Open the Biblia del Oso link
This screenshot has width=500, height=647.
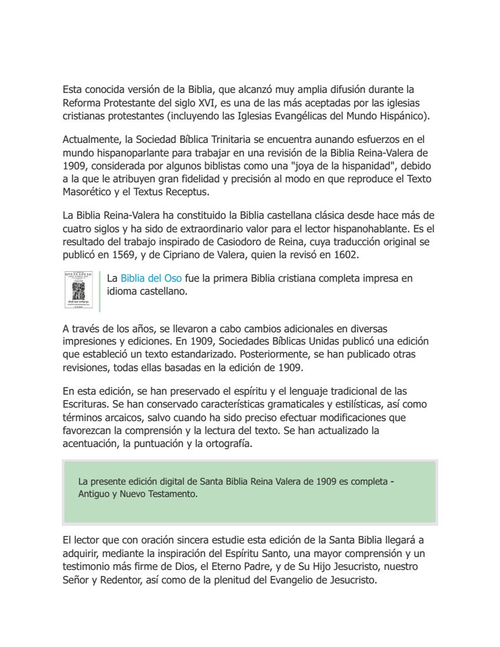(x=151, y=278)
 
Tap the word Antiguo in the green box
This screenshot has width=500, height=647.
(x=93, y=495)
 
